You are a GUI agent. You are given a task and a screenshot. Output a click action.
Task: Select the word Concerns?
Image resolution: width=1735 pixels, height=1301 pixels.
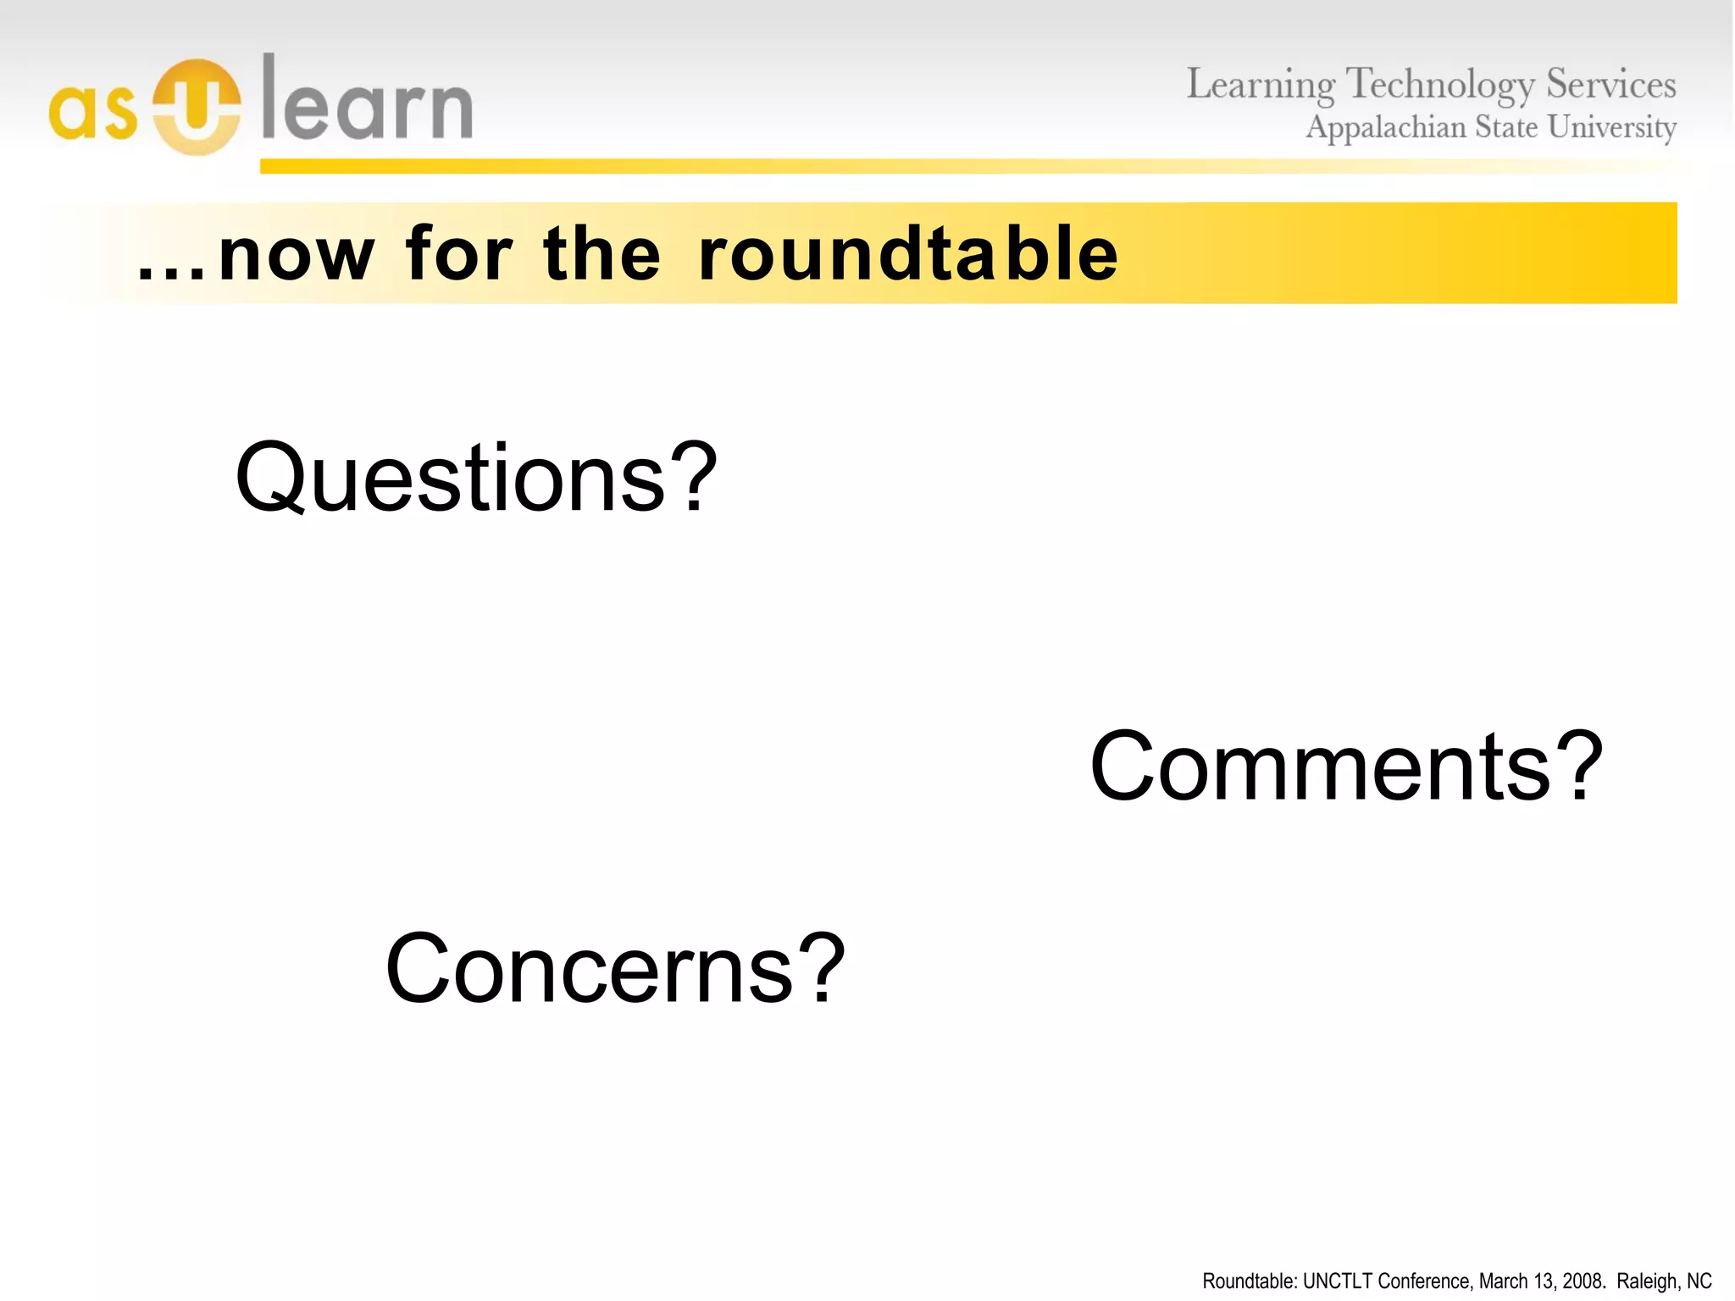tap(615, 968)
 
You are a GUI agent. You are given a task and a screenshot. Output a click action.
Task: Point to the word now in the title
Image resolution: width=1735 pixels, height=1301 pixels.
tap(296, 254)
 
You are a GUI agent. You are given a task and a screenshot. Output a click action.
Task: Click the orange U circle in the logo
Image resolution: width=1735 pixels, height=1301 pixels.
tap(197, 107)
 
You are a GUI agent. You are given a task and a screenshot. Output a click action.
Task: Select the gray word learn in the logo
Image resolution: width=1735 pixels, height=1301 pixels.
tap(367, 100)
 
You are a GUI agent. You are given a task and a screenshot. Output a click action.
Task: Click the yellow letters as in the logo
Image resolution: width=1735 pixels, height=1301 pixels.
tap(92, 113)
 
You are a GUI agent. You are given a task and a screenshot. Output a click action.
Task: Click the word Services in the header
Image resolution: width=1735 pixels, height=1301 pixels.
tap(1610, 84)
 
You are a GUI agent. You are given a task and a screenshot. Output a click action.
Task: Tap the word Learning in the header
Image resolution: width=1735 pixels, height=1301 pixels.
tap(1260, 86)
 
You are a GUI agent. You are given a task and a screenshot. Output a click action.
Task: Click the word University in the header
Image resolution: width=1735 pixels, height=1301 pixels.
tap(1611, 128)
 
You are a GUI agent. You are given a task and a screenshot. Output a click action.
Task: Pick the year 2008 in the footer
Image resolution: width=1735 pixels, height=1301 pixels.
tap(1582, 1281)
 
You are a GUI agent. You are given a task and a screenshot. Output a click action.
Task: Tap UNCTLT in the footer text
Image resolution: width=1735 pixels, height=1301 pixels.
tap(1337, 1281)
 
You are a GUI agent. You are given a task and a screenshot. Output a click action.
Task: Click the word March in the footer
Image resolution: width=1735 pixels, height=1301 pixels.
tap(1501, 1281)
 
